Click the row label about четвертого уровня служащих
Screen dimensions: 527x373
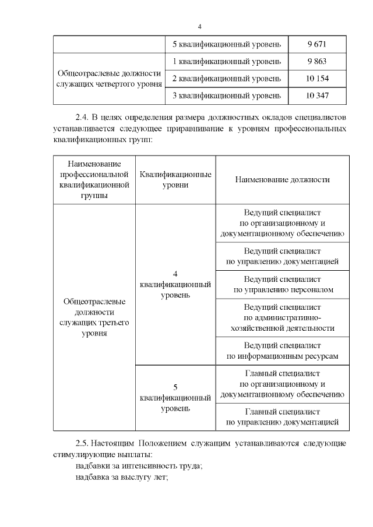pyautogui.click(x=109, y=78)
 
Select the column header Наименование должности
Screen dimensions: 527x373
pyautogui.click(x=282, y=180)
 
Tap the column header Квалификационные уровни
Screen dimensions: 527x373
pyautogui.click(x=175, y=180)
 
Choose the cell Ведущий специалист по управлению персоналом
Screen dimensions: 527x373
pyautogui.click(x=282, y=284)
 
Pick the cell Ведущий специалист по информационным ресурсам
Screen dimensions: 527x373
pyautogui.click(x=282, y=351)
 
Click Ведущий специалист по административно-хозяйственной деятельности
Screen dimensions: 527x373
pyautogui.click(x=282, y=317)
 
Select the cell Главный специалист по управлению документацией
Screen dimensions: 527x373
pyautogui.click(x=282, y=416)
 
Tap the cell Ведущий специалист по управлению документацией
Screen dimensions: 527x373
pyautogui.click(x=282, y=256)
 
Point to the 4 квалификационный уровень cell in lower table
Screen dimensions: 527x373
pyautogui.click(x=175, y=284)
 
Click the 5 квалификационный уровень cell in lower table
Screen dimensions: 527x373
pyautogui.click(x=175, y=398)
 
